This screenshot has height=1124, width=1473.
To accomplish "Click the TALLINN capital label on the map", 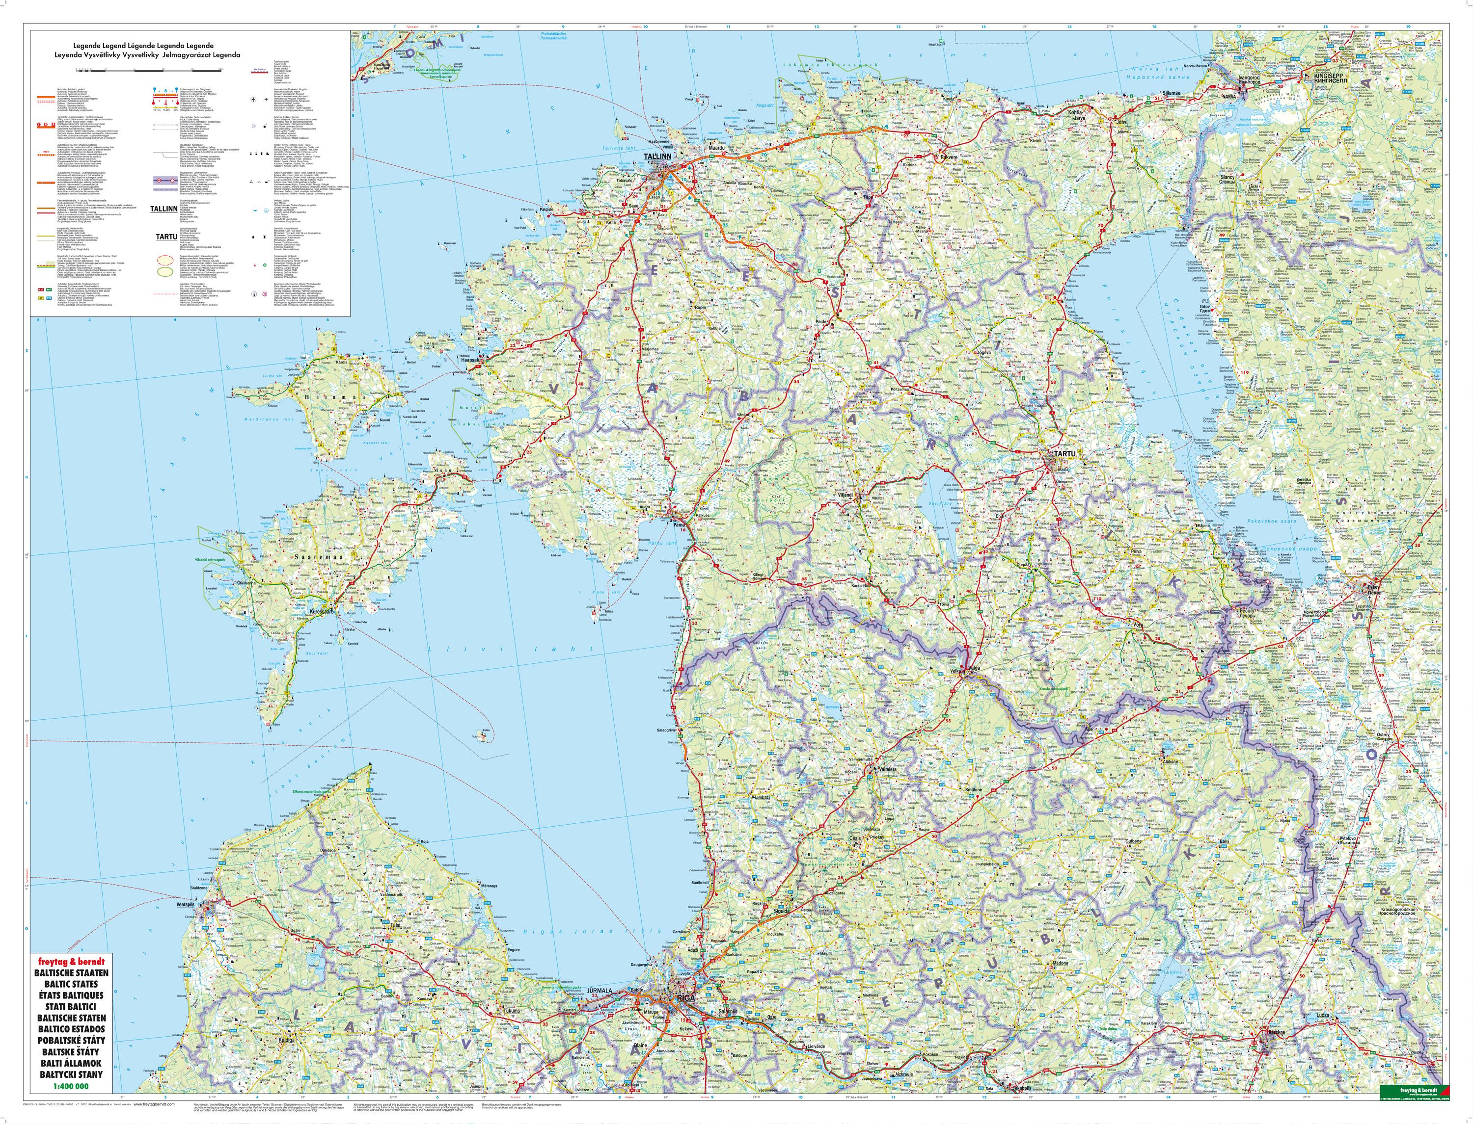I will pos(656,157).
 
